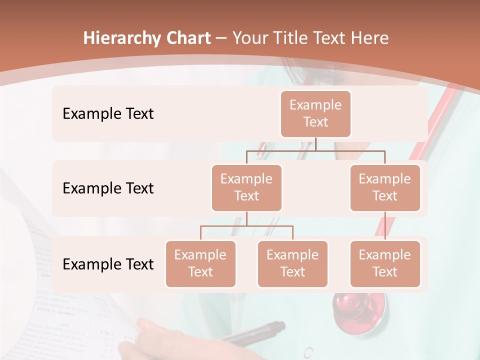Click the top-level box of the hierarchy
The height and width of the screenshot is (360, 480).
coord(315,113)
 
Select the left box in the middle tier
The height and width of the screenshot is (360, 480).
coord(246,187)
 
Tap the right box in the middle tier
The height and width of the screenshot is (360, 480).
coord(385,187)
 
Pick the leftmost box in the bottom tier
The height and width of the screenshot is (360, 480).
coord(200,263)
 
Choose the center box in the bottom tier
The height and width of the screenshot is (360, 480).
coord(292,263)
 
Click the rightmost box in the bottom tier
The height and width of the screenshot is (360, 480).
coord(385,263)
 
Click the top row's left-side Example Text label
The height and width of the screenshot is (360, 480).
coord(108,114)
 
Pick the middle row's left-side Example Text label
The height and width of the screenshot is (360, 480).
coord(108,188)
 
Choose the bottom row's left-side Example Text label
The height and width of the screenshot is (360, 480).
coord(108,264)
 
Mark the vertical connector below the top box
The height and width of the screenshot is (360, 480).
coord(315,144)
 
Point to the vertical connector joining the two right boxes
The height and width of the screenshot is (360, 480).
coord(385,226)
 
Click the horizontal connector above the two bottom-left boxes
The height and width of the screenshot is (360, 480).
coord(246,226)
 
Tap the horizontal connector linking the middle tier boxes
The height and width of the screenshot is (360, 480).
coord(315,150)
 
